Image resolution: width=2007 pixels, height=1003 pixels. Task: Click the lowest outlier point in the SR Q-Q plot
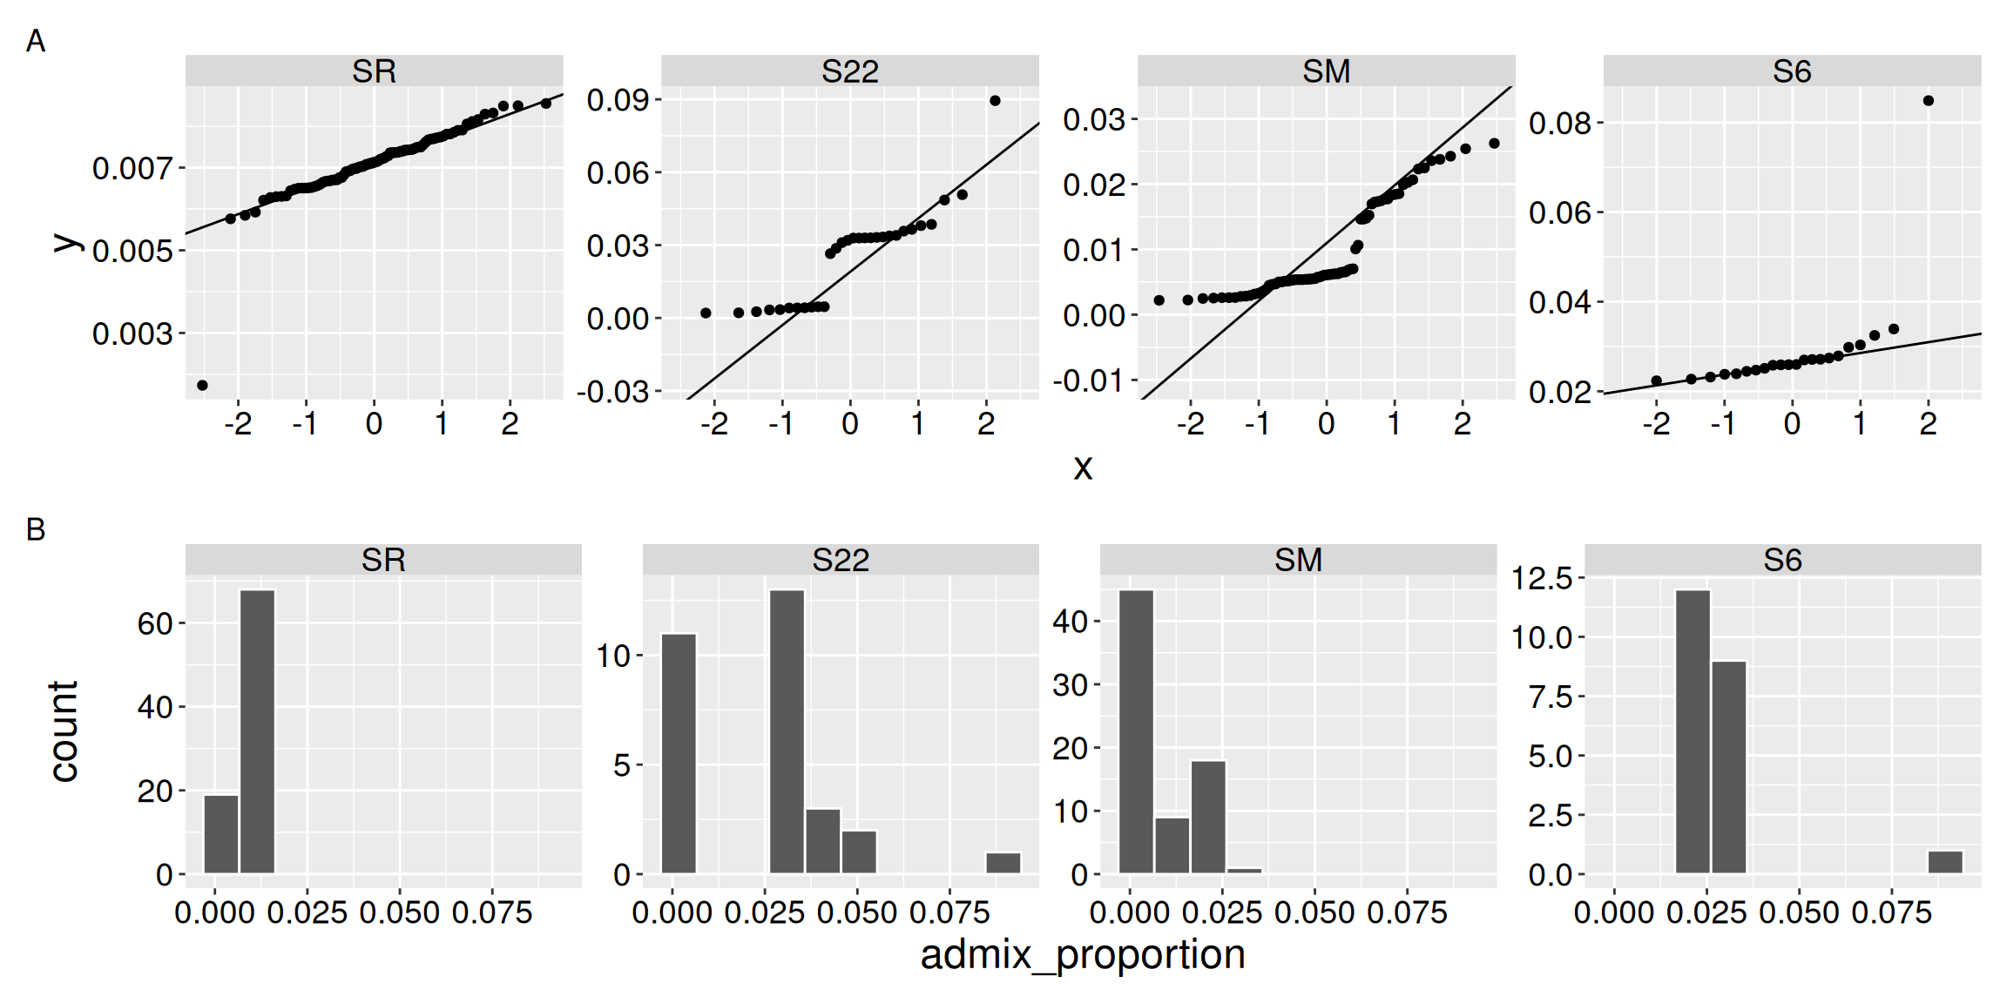[x=202, y=385]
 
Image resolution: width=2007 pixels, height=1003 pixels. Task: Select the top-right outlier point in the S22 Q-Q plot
[x=995, y=101]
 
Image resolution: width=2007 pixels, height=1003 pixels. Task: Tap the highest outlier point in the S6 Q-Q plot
[x=1928, y=101]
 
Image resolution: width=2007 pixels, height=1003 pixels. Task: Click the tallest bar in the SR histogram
[x=257, y=731]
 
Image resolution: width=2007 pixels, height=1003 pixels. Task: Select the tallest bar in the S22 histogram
[x=787, y=731]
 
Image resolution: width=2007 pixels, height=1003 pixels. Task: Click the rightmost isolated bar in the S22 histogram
[x=1003, y=863]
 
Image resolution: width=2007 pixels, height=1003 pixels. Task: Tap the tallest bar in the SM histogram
[x=1136, y=731]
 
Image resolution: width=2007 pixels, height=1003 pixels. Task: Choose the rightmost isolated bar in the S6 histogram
[x=1945, y=862]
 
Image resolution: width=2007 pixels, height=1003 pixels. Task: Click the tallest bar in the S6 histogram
[x=1693, y=731]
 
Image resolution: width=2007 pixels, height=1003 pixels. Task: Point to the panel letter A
[x=36, y=41]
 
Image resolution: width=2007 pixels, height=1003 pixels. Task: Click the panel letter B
[x=36, y=529]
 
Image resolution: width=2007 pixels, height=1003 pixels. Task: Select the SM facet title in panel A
[x=1326, y=71]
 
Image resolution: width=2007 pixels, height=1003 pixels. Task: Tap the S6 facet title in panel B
[x=1782, y=560]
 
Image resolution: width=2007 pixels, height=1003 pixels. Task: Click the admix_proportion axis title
[x=1083, y=955]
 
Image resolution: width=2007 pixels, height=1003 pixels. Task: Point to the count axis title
[x=64, y=731]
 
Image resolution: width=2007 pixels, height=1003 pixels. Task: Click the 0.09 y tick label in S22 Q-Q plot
[x=618, y=100]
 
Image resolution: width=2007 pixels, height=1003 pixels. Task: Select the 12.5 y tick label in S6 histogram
[x=1541, y=578]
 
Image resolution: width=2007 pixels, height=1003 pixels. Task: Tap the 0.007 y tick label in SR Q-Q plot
[x=132, y=168]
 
